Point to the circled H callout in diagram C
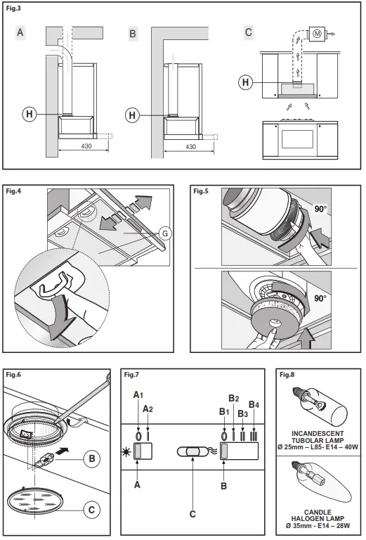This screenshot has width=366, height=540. (x=245, y=82)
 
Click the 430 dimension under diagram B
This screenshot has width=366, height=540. (x=190, y=146)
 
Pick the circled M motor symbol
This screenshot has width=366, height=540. (x=317, y=34)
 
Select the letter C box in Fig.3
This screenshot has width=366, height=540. (x=248, y=32)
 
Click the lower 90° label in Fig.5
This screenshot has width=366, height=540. (x=320, y=298)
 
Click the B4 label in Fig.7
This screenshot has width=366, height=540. (x=254, y=405)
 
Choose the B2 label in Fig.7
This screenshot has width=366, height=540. (x=234, y=399)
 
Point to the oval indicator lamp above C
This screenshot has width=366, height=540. (x=192, y=451)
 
